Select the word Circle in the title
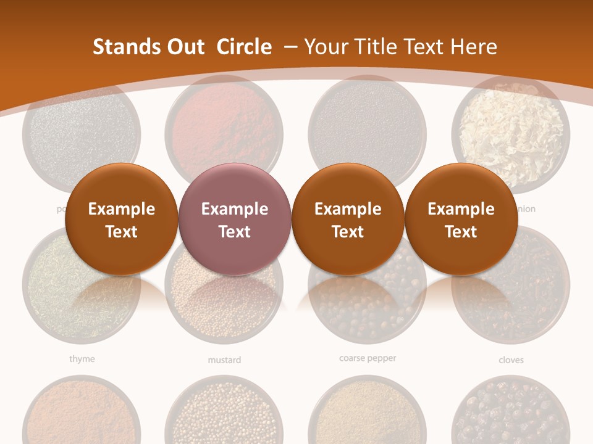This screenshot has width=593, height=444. (x=244, y=47)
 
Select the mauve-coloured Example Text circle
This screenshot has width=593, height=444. (x=234, y=220)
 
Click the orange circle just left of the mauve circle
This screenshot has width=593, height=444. (x=121, y=220)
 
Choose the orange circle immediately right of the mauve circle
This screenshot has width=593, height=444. (x=348, y=220)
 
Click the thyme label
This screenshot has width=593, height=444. (x=82, y=358)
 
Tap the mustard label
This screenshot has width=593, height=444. (x=224, y=360)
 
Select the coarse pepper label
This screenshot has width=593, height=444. (x=368, y=358)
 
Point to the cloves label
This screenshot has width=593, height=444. (x=511, y=360)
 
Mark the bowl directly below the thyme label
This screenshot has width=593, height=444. (x=81, y=413)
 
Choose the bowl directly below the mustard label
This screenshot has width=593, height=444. (x=224, y=413)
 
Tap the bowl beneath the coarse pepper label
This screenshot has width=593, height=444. (x=368, y=413)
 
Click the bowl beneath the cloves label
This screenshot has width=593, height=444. (x=510, y=413)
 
